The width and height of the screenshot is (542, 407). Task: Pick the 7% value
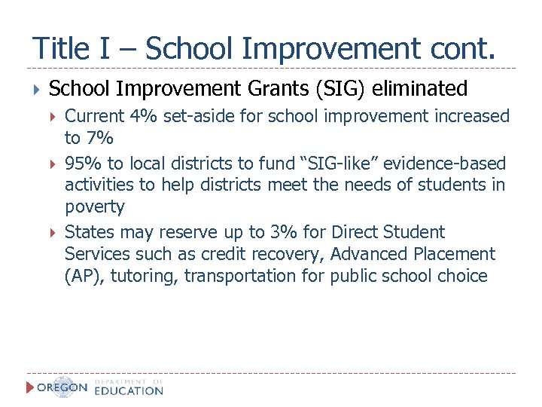coord(99,138)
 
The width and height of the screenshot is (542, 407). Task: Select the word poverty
coord(94,207)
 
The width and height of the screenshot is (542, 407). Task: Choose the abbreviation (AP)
coord(84,276)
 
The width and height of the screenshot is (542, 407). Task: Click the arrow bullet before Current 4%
coord(53,117)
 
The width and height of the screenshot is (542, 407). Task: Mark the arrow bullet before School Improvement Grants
coord(36,90)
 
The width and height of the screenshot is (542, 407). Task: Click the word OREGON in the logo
coord(62,388)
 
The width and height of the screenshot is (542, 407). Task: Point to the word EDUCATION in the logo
coord(129,391)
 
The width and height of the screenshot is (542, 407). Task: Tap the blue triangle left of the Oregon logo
coord(30,387)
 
